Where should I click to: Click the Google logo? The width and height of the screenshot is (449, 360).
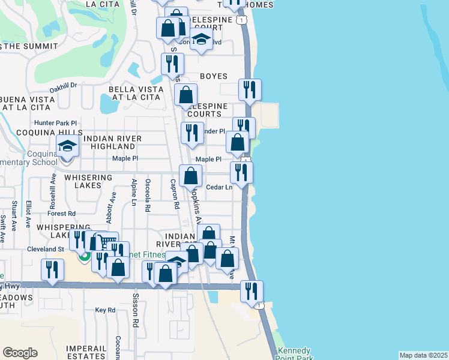click(20, 353)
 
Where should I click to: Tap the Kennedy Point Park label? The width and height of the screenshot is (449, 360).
click(294, 354)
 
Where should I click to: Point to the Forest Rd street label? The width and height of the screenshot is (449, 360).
click(62, 213)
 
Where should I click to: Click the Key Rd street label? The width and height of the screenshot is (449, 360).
click(104, 310)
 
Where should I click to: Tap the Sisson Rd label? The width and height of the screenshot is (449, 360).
click(136, 314)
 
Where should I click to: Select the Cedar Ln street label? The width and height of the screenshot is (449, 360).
click(219, 187)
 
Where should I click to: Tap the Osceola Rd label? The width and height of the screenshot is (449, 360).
click(148, 195)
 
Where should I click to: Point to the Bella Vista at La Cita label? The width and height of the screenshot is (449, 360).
click(134, 93)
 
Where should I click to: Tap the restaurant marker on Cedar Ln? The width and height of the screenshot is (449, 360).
click(241, 172)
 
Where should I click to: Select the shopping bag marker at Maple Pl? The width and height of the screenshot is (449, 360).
click(190, 176)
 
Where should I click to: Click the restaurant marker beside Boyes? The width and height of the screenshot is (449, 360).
click(249, 89)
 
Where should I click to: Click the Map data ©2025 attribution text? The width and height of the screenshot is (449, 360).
click(423, 355)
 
